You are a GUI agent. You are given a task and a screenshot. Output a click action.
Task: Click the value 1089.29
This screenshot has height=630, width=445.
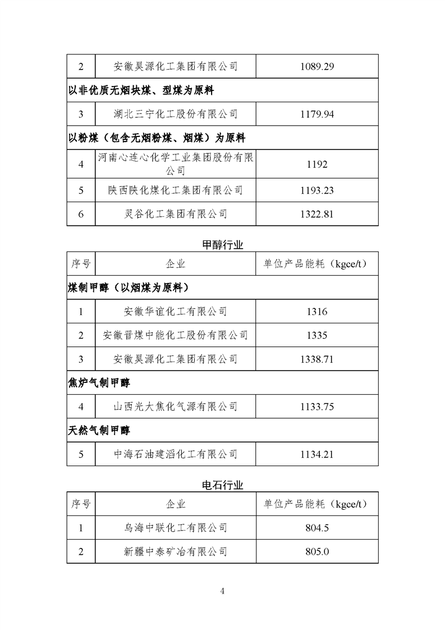(x=317, y=66)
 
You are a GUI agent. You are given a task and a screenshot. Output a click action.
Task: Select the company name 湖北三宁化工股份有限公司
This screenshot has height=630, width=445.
(x=176, y=114)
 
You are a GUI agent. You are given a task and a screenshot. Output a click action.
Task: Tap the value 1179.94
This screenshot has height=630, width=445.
(x=317, y=114)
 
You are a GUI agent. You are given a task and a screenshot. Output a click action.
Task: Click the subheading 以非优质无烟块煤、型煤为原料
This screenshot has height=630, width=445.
(x=141, y=90)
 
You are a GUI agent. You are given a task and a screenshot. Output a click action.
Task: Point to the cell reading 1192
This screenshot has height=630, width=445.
(x=317, y=165)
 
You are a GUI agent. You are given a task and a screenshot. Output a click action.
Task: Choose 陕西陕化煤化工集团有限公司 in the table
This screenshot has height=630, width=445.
(x=176, y=190)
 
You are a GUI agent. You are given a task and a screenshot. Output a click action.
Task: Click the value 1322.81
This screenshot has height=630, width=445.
(x=317, y=213)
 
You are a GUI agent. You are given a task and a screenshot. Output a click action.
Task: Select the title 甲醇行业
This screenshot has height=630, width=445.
(x=222, y=245)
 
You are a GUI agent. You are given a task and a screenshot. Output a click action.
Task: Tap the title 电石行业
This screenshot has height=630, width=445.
(x=222, y=484)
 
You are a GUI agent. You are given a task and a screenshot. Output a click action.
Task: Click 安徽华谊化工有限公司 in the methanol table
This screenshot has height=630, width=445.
(x=176, y=312)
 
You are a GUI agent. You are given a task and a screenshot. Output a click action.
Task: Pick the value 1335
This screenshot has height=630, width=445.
(x=317, y=335)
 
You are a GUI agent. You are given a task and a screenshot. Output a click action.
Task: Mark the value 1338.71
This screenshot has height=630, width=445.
(x=317, y=359)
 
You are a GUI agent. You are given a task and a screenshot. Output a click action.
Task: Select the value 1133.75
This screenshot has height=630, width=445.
(x=317, y=407)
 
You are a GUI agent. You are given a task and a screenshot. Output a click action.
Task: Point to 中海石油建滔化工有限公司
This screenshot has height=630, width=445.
(x=176, y=454)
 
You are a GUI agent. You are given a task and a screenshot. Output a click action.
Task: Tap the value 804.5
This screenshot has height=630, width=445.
(x=317, y=528)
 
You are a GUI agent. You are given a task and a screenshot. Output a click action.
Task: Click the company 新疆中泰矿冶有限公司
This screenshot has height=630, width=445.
(x=176, y=551)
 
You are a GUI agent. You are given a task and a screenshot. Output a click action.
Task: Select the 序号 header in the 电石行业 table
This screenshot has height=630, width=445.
(x=81, y=504)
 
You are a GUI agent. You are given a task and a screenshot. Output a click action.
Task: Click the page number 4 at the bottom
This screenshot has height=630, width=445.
(x=223, y=591)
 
